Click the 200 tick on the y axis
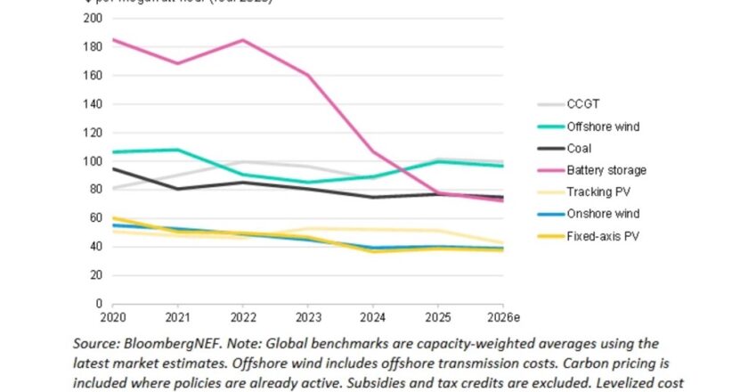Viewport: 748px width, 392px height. pyautogui.click(x=93, y=19)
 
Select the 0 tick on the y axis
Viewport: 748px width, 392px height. pyautogui.click(x=99, y=304)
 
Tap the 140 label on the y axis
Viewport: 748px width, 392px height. pyautogui.click(x=93, y=104)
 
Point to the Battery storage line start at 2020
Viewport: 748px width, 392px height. pyautogui.click(x=112, y=40)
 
